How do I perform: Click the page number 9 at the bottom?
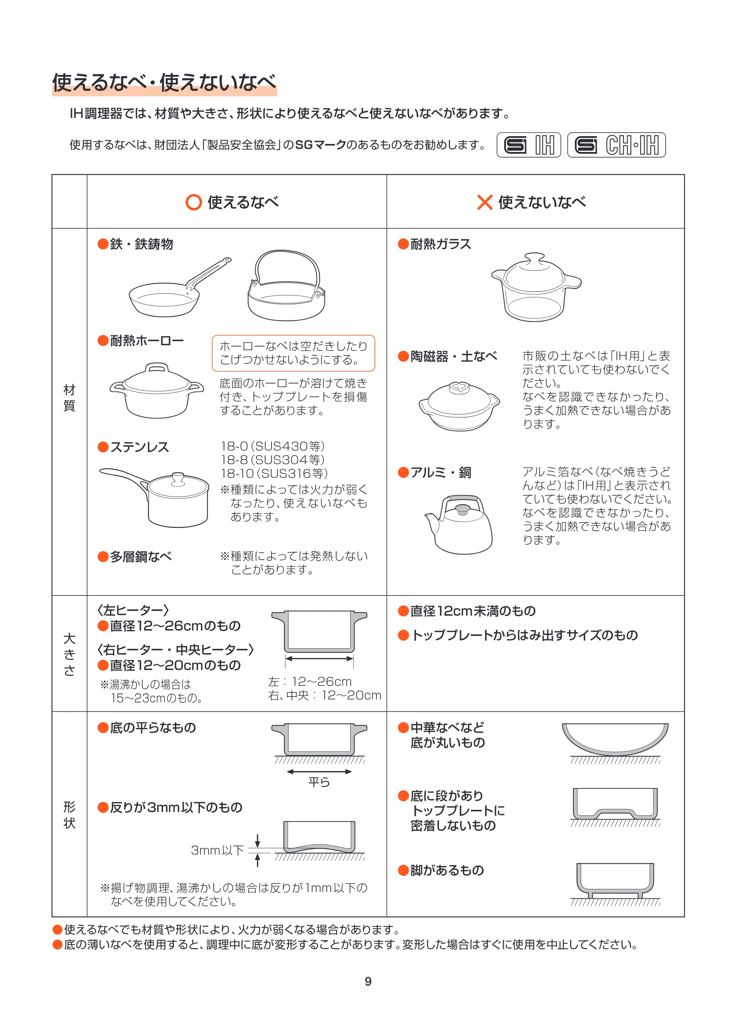coord(368,981)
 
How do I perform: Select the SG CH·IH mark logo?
coord(616,145)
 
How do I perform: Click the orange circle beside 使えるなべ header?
coord(194,202)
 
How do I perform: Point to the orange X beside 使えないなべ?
coord(485,202)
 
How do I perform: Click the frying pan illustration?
coord(179,287)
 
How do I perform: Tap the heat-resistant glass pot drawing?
coord(536,287)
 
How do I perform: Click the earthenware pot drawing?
coord(459,406)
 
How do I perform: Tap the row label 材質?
coord(69,398)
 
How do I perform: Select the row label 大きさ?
coord(69,654)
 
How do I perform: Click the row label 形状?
coord(69,815)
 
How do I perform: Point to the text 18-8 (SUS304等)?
coord(273,460)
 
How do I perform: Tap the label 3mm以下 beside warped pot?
coord(218,850)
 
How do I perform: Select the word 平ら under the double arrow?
coord(319,782)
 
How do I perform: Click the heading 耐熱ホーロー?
coord(147,341)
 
